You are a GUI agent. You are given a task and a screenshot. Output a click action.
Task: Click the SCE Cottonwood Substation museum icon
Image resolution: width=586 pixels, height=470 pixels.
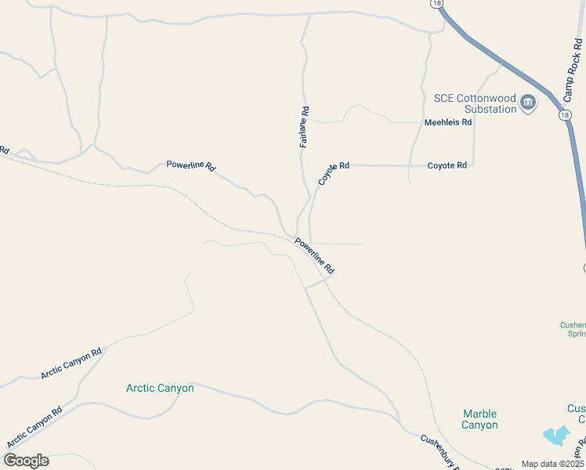[528, 102]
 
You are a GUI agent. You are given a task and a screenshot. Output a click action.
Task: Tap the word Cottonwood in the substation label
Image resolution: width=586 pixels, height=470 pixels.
[487, 98]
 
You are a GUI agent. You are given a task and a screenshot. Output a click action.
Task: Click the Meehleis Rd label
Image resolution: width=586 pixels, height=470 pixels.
[448, 122]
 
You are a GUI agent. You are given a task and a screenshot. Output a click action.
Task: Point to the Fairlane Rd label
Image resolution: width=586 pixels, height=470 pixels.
[304, 128]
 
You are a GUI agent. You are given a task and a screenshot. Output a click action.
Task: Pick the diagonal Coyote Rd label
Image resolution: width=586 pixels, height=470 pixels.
[333, 173]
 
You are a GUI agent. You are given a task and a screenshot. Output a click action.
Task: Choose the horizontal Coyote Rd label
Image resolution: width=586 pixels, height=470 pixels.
[447, 165]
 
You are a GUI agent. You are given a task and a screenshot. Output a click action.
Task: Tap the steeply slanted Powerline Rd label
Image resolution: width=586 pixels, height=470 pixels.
[315, 256]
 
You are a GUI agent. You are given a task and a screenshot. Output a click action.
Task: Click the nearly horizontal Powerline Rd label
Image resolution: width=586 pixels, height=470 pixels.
[190, 166]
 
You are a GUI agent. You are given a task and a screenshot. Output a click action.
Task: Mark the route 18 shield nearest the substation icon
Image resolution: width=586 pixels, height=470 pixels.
[564, 115]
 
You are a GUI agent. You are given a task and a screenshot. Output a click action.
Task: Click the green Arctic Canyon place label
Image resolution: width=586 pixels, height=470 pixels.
[160, 388]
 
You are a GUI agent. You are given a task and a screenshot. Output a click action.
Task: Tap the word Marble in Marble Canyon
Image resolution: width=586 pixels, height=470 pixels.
[479, 414]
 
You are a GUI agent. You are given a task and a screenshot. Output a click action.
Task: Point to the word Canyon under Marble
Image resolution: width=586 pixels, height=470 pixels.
[479, 425]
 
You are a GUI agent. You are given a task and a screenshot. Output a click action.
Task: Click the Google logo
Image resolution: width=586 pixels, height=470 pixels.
[26, 461]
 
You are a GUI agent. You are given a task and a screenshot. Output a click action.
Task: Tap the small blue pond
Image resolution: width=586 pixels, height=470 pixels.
[556, 436]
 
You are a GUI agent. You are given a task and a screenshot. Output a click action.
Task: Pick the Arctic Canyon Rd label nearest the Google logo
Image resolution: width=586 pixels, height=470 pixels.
[33, 428]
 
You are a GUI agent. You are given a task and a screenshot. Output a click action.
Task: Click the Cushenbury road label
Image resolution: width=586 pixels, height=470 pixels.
[438, 451]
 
